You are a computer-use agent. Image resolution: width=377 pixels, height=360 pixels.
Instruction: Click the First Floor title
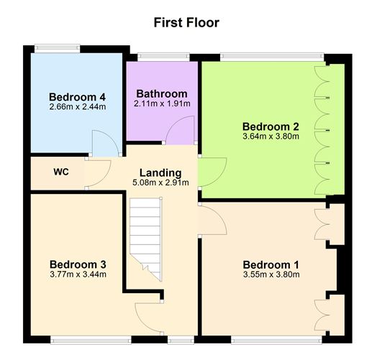(186, 22)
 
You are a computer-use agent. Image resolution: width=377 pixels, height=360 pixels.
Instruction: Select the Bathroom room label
(162, 93)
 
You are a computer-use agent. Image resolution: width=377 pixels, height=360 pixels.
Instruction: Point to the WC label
(61, 172)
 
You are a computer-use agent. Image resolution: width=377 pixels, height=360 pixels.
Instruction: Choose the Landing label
(160, 172)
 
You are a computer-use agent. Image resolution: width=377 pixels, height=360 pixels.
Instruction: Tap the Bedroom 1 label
(271, 262)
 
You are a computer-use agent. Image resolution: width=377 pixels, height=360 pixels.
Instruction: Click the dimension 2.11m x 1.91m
(162, 104)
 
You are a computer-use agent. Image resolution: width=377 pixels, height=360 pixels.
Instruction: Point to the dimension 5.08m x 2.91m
(160, 183)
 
